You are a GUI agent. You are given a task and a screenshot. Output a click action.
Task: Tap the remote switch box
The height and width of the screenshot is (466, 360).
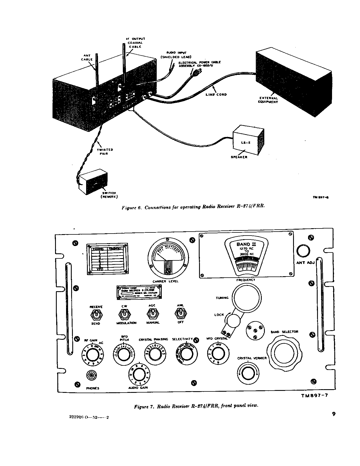click(x=93, y=182)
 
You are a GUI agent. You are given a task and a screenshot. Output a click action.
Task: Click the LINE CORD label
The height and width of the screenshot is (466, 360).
click(x=216, y=95)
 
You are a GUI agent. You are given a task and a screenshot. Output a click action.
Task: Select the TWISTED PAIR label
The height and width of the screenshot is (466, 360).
click(x=105, y=152)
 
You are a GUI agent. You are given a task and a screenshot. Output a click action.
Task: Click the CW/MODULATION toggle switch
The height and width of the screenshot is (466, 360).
click(x=124, y=313)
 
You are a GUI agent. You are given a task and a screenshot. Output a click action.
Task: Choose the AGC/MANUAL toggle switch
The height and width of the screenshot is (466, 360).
click(x=152, y=313)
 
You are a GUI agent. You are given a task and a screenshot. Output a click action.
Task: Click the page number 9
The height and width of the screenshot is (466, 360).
click(x=333, y=414)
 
